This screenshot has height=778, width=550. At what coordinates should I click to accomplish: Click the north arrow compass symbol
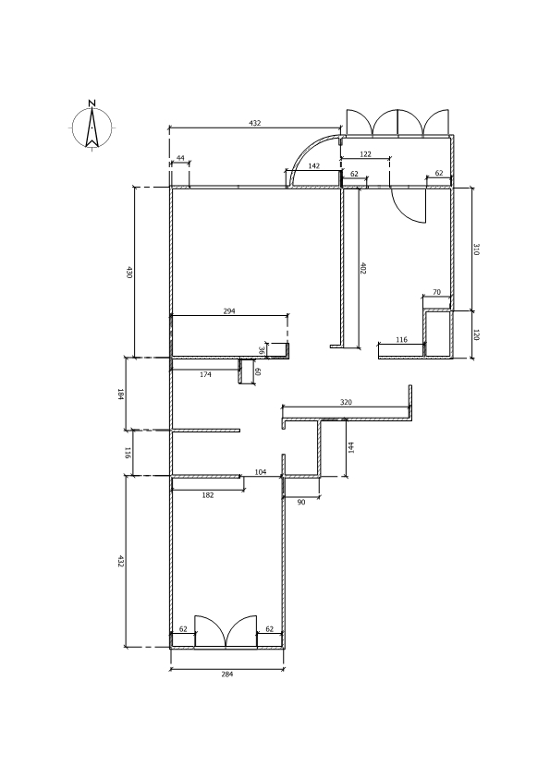(x=92, y=128)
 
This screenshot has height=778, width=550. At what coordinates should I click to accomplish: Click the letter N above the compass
(x=92, y=103)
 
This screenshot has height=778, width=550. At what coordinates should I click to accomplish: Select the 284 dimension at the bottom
(x=226, y=675)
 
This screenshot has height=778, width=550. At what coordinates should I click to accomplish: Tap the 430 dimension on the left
(x=129, y=273)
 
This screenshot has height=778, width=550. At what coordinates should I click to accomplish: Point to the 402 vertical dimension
(x=363, y=268)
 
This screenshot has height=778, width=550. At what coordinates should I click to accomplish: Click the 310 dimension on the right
(x=476, y=249)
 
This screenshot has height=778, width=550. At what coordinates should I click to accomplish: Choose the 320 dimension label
(x=346, y=402)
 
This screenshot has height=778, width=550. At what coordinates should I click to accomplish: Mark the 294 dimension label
(x=229, y=311)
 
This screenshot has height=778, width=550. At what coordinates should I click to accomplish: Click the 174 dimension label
(x=205, y=374)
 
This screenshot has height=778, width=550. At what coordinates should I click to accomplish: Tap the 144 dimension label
(x=351, y=447)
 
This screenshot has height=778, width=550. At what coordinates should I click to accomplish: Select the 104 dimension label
(x=261, y=472)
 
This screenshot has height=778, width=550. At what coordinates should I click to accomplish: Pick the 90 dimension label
(x=301, y=502)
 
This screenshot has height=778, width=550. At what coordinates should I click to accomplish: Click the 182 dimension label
(x=208, y=495)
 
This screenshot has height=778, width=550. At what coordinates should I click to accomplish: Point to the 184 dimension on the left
(x=120, y=395)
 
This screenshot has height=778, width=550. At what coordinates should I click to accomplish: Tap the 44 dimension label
(x=180, y=158)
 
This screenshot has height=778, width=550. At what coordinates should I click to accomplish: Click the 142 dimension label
(x=313, y=165)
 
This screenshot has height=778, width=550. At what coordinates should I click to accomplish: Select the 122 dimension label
(x=365, y=154)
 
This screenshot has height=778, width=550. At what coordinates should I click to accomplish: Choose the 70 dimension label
(x=437, y=292)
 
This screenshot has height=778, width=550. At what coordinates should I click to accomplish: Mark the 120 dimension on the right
(x=476, y=334)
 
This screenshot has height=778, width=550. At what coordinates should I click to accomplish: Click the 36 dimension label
(x=262, y=350)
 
